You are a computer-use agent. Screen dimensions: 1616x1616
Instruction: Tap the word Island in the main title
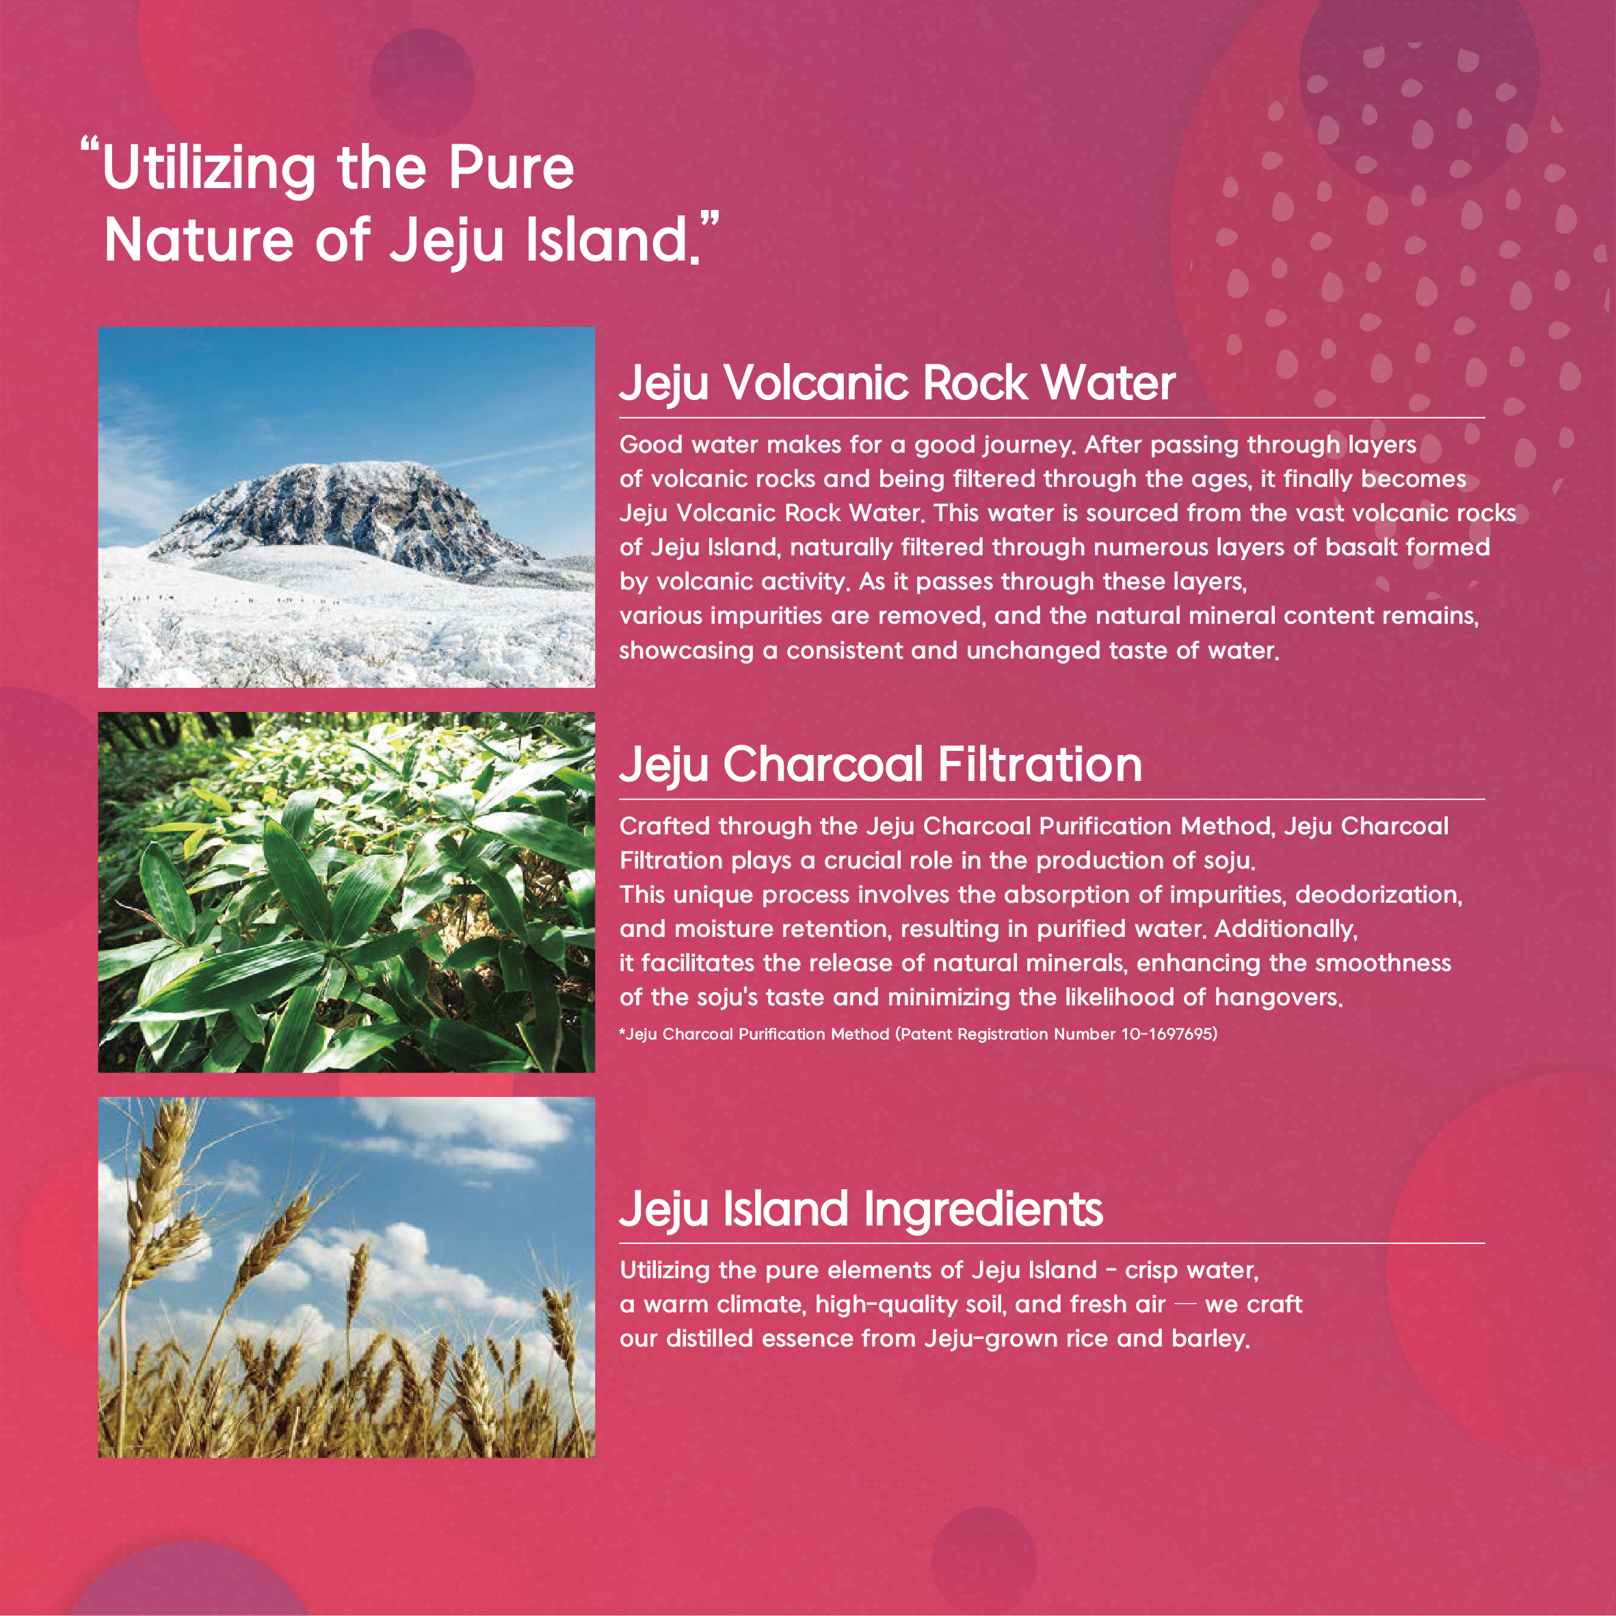tap(607, 239)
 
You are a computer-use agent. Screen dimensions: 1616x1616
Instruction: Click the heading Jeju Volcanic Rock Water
tap(897, 384)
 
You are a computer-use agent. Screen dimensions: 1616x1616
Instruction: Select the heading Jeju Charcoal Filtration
tap(880, 765)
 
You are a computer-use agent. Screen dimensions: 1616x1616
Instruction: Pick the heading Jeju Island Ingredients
tap(861, 1210)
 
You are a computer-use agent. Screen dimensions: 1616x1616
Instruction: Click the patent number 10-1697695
tap(1167, 1034)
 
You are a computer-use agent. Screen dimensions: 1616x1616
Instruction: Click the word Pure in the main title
tap(510, 168)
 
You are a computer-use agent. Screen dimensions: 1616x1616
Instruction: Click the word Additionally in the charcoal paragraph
tap(1286, 929)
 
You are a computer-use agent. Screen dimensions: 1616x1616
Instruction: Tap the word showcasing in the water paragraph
tap(686, 651)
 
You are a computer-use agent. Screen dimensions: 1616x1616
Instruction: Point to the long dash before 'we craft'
tap(1185, 1305)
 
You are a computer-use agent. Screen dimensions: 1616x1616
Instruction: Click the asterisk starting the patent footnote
tap(622, 1031)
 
